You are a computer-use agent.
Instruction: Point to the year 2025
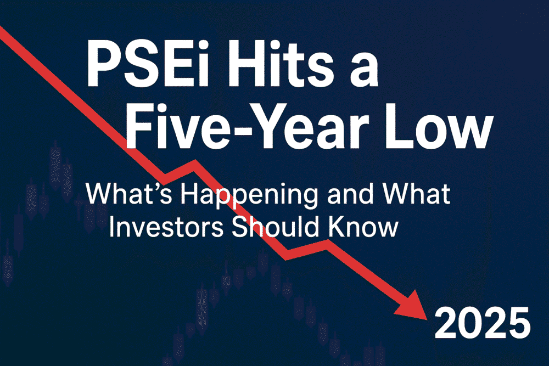(483, 323)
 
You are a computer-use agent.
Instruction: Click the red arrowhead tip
(427, 319)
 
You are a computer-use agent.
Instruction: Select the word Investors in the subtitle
(166, 227)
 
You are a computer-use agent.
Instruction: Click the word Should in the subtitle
(275, 227)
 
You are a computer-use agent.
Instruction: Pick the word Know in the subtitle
(363, 227)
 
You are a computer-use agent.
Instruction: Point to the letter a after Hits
(362, 70)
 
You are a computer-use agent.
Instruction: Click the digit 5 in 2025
(519, 323)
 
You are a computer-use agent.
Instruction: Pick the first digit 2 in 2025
(446, 323)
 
